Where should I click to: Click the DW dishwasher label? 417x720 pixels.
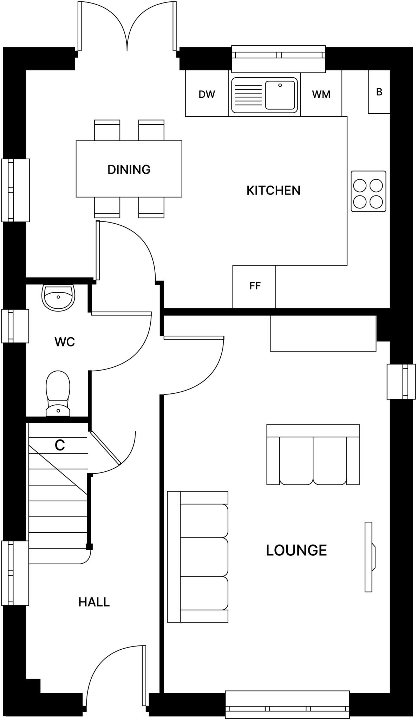point(207,94)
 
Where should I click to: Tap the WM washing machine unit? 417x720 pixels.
point(321,94)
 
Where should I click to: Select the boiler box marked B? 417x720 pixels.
point(379,92)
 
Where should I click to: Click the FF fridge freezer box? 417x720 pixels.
point(254,286)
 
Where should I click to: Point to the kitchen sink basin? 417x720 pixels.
point(280,95)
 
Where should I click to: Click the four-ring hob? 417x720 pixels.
point(368,191)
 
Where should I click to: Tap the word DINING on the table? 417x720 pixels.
point(129,169)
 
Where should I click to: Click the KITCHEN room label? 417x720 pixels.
point(273,191)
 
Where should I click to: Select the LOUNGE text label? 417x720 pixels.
point(296,550)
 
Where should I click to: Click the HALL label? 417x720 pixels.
point(94,602)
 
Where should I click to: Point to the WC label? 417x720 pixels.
point(65,342)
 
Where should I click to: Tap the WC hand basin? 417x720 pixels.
point(58,297)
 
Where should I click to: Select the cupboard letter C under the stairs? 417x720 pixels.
point(60,445)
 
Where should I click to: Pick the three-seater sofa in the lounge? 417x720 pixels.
point(198,557)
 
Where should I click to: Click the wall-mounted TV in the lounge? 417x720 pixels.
point(369,557)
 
